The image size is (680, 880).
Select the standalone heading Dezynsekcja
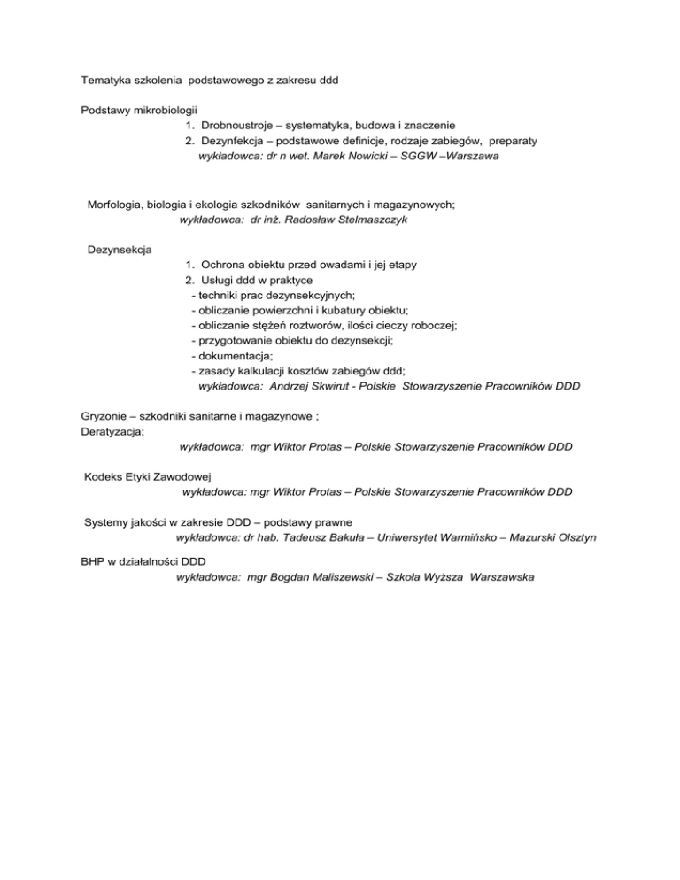[x=120, y=250]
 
